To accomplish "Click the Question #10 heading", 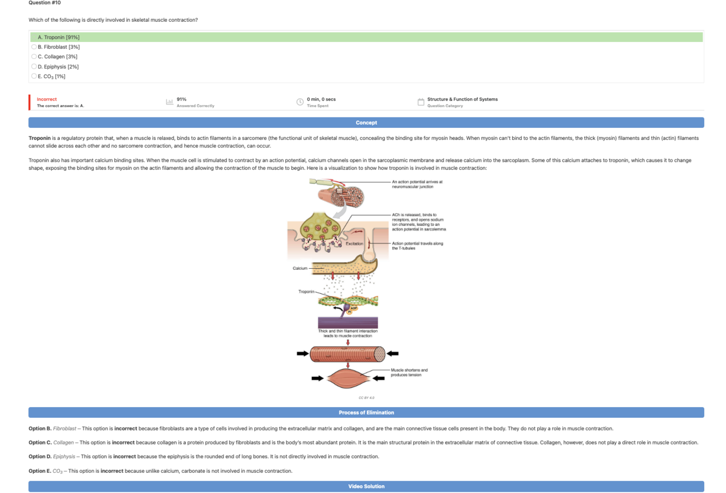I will pos(45,3).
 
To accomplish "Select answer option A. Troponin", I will pos(59,38).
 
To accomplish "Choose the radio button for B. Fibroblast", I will pos(34,47).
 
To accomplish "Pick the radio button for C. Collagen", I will pos(34,57).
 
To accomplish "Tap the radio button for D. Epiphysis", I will pos(34,66).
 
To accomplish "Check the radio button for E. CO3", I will pos(34,76).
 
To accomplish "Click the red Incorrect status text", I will pos(47,99).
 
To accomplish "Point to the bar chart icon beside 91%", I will pos(169,102).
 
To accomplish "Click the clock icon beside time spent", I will pos(300,102).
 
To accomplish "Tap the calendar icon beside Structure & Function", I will pos(421,102).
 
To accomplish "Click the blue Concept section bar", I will pos(366,122).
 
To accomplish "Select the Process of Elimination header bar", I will pos(366,412).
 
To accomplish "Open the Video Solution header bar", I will pos(366,486).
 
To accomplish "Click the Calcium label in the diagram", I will pos(300,268).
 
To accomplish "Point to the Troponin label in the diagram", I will pos(306,292).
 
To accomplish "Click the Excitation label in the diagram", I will pos(354,244).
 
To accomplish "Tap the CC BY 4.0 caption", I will pos(366,398).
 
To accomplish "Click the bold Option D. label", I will pos(40,457).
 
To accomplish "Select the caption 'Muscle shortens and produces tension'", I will pos(409,372).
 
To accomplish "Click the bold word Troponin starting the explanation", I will pos(39,138).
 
